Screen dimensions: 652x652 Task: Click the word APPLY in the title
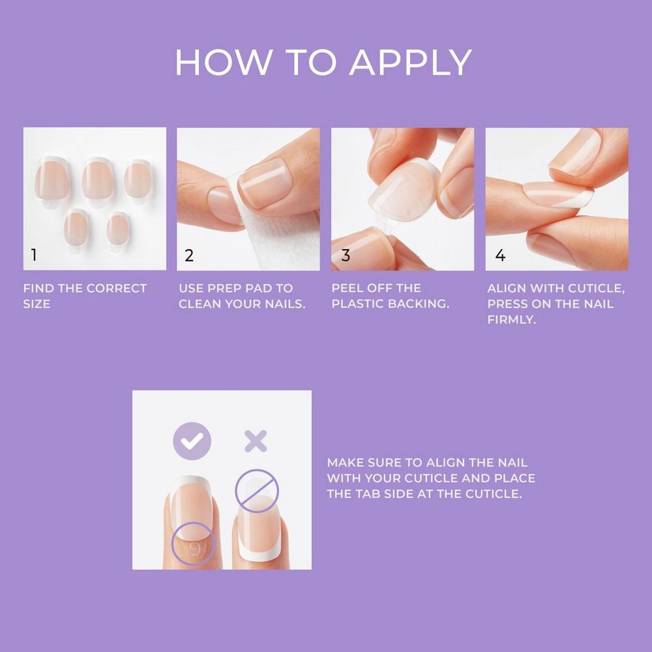point(410,63)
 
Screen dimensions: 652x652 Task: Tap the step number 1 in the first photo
point(35,256)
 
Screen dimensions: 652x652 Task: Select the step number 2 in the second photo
point(189,256)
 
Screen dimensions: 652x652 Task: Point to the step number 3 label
point(346,256)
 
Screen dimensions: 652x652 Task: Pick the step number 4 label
point(500,256)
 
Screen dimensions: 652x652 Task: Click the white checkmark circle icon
point(192,441)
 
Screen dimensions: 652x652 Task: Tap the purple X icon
point(255,441)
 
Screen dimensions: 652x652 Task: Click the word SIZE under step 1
point(37,304)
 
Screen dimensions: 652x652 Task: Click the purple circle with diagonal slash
point(256,490)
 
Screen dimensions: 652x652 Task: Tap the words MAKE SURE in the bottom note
point(365,462)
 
